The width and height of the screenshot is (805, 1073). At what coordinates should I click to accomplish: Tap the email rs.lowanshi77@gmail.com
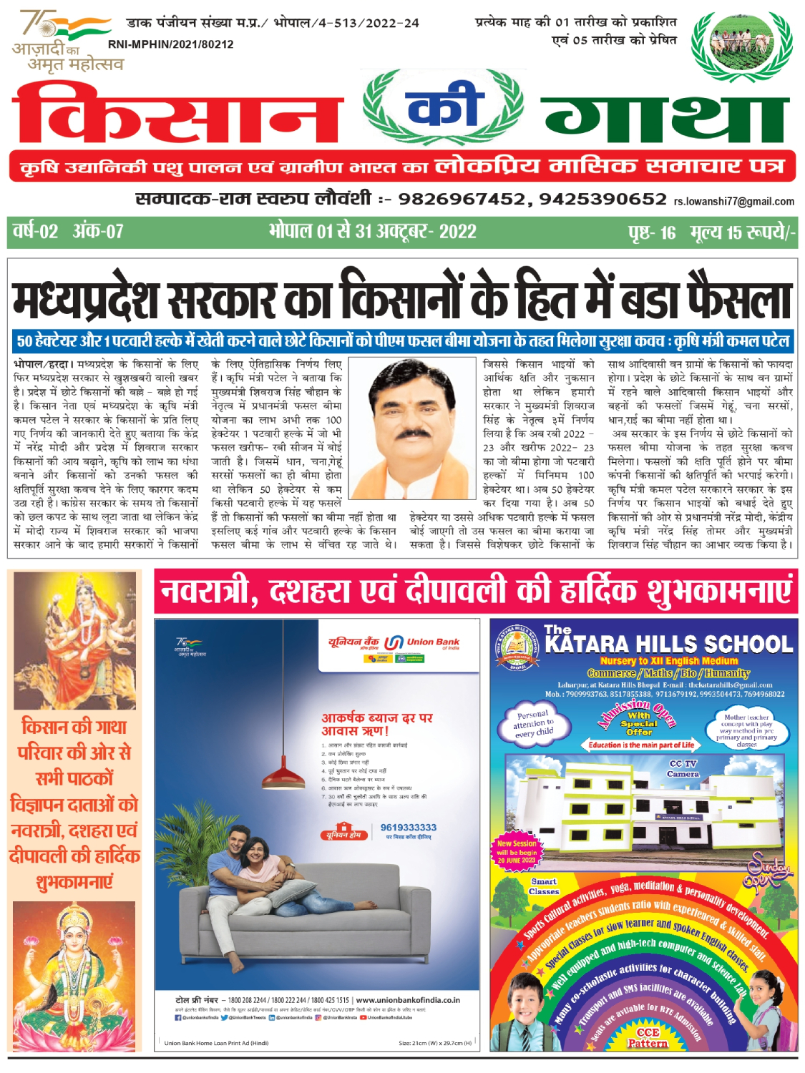[733, 202]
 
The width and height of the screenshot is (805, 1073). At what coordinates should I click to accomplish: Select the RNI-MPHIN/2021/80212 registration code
[170, 44]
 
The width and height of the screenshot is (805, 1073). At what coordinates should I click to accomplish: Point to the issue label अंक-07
[98, 232]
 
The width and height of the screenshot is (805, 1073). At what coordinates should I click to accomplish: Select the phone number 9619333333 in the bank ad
[408, 828]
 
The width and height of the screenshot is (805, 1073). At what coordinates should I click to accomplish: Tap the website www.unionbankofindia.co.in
[408, 1000]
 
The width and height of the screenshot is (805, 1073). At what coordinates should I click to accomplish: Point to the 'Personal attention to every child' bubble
[533, 723]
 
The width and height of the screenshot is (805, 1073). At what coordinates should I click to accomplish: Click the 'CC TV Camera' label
[682, 769]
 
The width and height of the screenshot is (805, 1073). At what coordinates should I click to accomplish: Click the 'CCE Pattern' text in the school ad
[647, 1038]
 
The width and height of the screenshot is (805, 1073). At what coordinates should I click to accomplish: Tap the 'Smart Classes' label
[544, 886]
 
